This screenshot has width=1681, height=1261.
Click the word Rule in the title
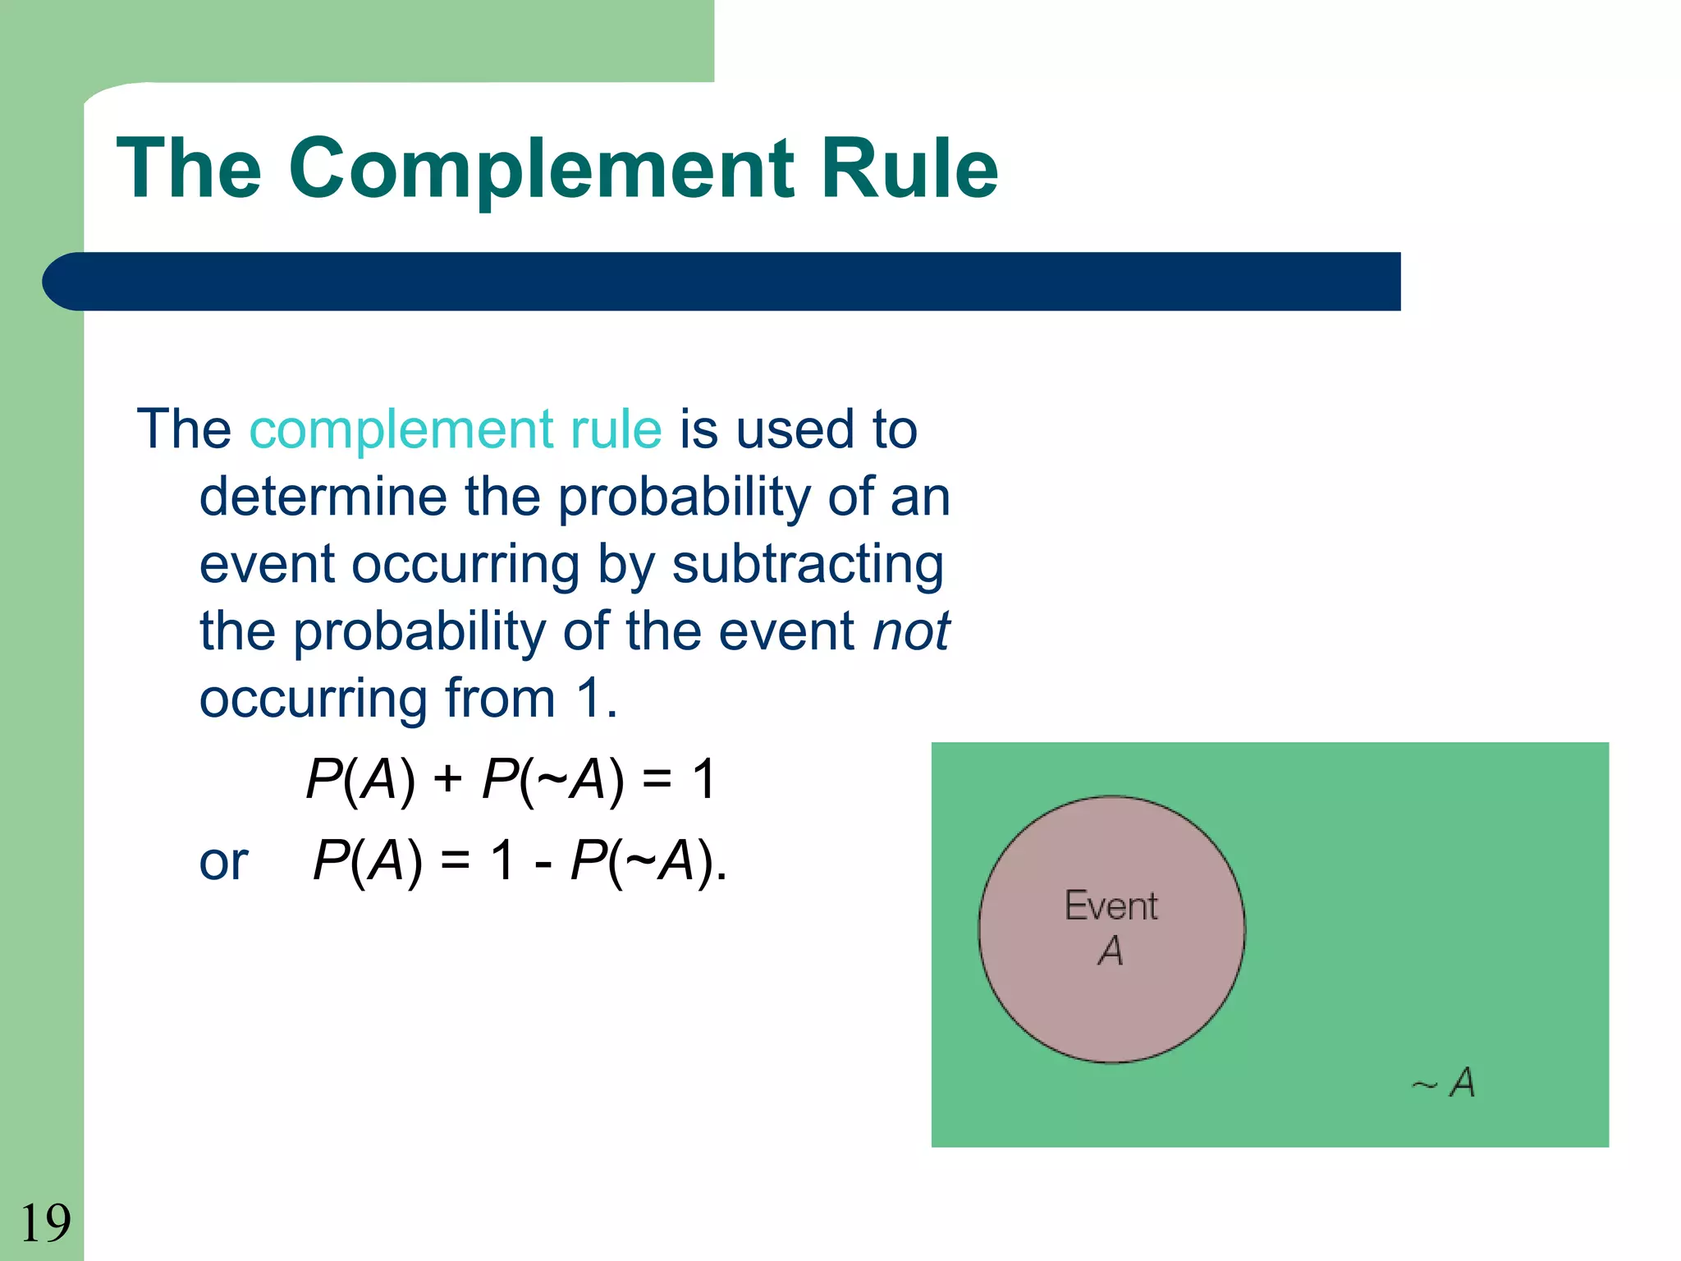coord(909,168)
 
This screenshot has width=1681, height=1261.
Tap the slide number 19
coord(45,1223)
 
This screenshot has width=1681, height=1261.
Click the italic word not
coord(910,631)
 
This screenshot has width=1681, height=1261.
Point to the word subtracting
coord(808,565)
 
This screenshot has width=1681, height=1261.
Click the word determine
coord(323,498)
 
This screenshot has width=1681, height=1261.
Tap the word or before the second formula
coord(223,863)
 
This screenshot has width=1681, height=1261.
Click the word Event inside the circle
coord(1111,906)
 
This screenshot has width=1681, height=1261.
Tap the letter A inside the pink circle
coord(1111,951)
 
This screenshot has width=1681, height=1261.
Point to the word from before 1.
coord(500,699)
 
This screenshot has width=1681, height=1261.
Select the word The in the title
coord(189,168)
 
